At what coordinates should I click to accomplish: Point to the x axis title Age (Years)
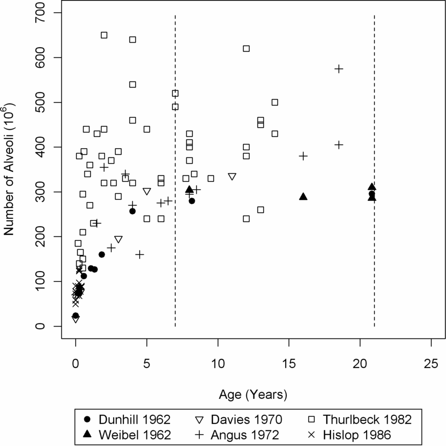click(x=253, y=395)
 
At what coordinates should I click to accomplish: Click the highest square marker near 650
click(x=104, y=35)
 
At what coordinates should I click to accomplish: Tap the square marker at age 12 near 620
click(x=246, y=48)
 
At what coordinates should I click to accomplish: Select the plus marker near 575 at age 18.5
click(x=338, y=69)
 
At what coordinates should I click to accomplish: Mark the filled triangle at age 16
click(x=303, y=197)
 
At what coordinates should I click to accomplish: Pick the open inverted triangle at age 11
click(x=232, y=176)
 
